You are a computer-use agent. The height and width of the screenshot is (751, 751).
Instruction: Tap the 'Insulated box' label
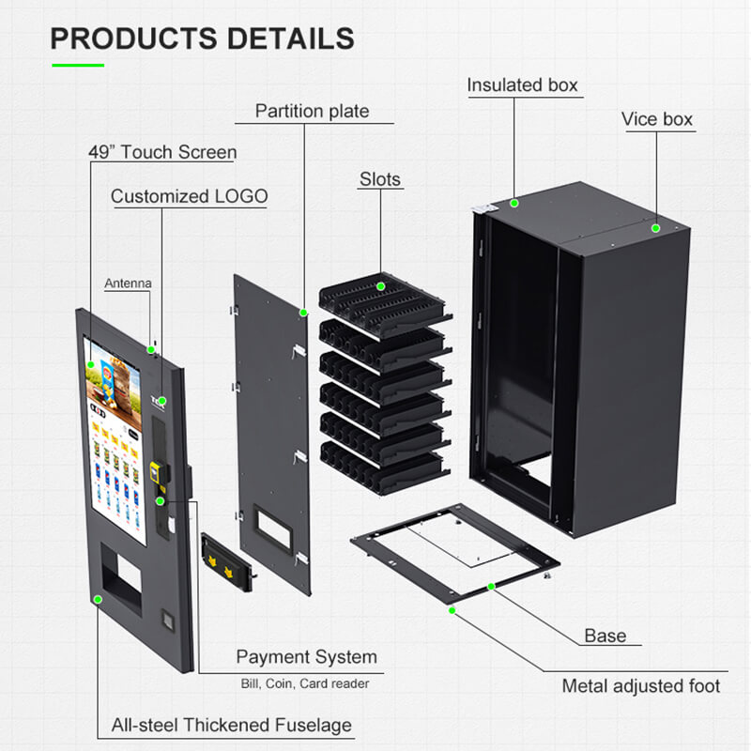tap(522, 85)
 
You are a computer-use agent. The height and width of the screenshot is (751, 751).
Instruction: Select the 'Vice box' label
tap(656, 119)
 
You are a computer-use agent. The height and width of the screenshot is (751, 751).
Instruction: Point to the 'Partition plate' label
tap(312, 111)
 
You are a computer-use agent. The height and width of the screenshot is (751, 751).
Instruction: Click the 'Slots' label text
tap(379, 178)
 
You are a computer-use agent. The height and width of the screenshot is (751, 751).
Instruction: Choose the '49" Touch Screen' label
tap(162, 151)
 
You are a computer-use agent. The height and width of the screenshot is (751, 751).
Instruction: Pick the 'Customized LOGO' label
tap(189, 196)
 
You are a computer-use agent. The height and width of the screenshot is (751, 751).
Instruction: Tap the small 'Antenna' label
tap(127, 282)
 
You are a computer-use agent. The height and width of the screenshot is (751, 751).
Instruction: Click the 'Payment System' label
tap(306, 657)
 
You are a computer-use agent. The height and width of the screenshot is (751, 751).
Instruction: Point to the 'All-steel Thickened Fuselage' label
tap(232, 725)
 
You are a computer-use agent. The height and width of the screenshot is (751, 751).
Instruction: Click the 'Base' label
tap(605, 636)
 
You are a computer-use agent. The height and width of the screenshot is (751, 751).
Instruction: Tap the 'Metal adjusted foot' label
tap(640, 686)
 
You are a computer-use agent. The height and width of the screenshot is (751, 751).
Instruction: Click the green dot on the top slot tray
tap(382, 285)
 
